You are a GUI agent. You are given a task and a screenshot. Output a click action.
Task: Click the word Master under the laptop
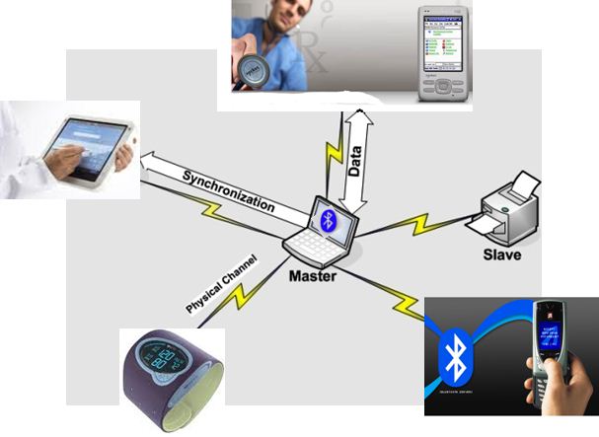coord(312,276)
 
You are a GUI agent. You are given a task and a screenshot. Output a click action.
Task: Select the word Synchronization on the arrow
coord(228,188)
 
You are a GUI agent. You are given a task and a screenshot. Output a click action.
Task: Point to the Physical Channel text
coord(221,284)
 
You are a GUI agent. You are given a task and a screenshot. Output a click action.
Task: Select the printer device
coord(509,209)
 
